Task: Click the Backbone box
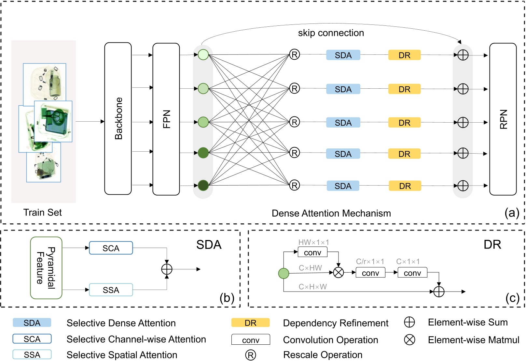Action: tap(118, 119)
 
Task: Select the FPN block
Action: tap(166, 119)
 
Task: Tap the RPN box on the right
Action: tap(503, 119)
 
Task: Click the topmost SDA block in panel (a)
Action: tap(343, 55)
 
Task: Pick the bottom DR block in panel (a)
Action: tap(405, 186)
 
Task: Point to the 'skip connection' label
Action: tap(331, 33)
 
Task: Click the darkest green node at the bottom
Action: tap(203, 185)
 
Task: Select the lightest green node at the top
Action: tap(203, 54)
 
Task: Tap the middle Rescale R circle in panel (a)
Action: tap(295, 122)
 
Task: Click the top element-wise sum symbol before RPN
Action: tap(463, 55)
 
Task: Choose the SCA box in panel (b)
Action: tap(111, 248)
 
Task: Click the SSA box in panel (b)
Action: tap(111, 290)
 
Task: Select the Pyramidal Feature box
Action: tap(46, 268)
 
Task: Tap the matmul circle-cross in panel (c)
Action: tap(339, 272)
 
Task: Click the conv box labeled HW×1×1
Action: tap(312, 252)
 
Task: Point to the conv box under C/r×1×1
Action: tap(370, 273)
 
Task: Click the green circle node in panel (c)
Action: tap(284, 273)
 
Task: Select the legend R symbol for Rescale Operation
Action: tap(251, 355)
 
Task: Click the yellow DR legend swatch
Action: tap(251, 323)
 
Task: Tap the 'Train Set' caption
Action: tap(43, 213)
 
